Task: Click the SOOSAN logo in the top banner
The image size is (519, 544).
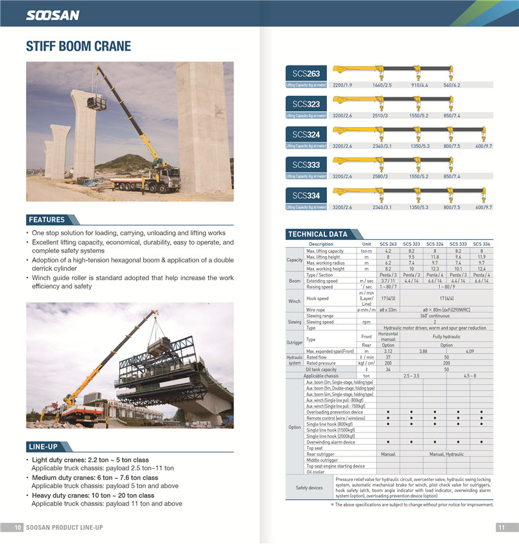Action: (53, 15)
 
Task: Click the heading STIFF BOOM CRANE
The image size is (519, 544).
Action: (78, 47)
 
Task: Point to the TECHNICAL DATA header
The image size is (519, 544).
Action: (317, 234)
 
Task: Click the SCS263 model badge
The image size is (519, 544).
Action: (306, 74)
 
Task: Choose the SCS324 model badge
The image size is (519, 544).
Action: (306, 135)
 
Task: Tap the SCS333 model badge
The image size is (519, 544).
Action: (306, 165)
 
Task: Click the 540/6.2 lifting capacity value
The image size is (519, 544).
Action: (452, 85)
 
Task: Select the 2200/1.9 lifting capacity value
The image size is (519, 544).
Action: (342, 85)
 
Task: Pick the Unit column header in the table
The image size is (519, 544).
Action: (367, 244)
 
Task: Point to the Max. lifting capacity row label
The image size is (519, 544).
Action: (325, 251)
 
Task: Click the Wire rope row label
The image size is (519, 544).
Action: (316, 310)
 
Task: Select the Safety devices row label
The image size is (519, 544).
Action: (309, 488)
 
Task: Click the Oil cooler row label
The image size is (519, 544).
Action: (317, 471)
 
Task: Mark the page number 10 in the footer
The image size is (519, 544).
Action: (18, 527)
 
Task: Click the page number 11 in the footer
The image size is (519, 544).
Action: (501, 527)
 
